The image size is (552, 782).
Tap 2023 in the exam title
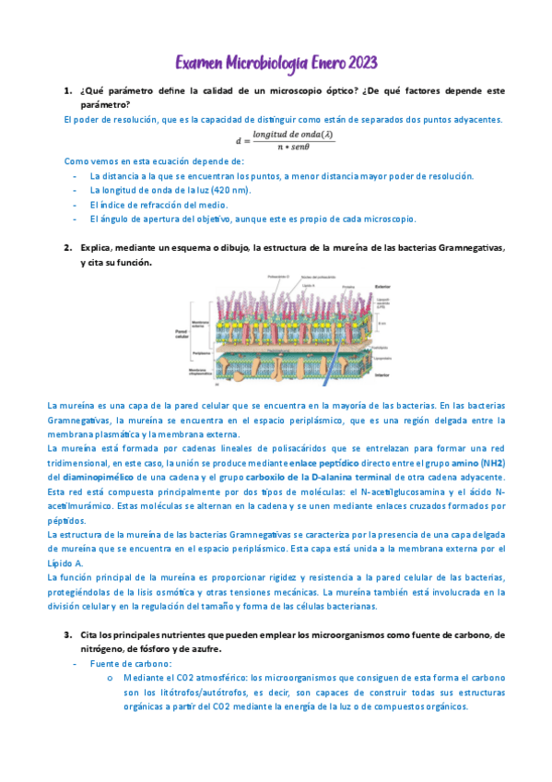pos(358,63)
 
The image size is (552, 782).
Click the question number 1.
pos(68,91)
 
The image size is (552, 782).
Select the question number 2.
pos(68,248)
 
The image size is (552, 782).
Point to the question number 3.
pos(68,635)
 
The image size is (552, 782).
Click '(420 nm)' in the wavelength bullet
pos(229,189)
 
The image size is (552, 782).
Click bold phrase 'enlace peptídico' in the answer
pos(323,462)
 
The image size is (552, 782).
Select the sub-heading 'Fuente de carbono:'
pos(130,663)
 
